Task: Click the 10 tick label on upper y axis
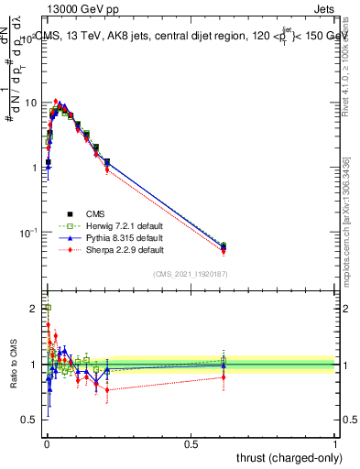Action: pyautogui.click(x=29, y=103)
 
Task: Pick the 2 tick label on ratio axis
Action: pyautogui.click(x=33, y=309)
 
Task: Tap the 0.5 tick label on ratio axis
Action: pyautogui.click(x=29, y=420)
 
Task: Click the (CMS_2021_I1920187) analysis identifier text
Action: pyautogui.click(x=190, y=273)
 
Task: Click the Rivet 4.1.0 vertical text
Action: pyautogui.click(x=345, y=73)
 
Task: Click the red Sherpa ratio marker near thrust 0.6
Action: pyautogui.click(x=224, y=376)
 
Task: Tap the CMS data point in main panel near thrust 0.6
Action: pyautogui.click(x=224, y=246)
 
